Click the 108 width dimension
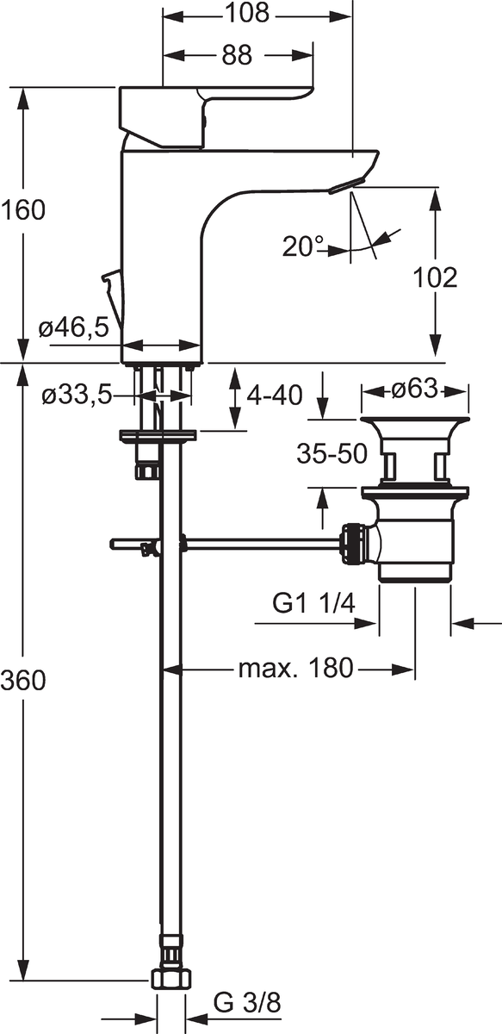click(x=247, y=13)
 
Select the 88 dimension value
click(x=237, y=55)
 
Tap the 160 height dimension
click(x=23, y=210)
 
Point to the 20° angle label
click(x=303, y=246)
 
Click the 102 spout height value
click(x=435, y=277)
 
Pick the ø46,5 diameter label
click(x=74, y=328)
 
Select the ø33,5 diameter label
click(x=77, y=396)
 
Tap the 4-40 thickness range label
click(x=275, y=396)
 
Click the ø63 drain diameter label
click(x=414, y=389)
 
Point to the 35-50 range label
click(x=332, y=454)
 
